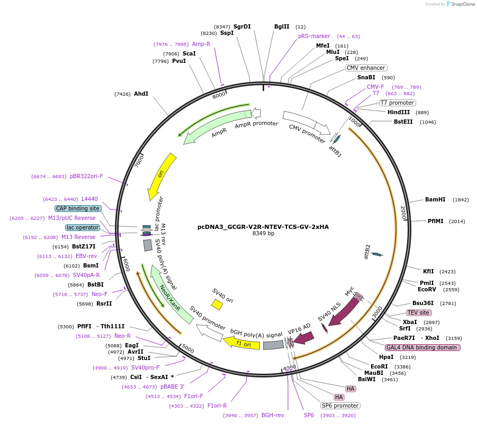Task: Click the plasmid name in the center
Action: pos(263,227)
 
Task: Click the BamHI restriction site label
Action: pos(435,199)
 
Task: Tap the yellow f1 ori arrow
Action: pos(242,343)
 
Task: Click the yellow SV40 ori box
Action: pos(217,304)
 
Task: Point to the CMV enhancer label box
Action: pos(366,68)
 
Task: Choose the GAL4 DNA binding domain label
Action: pos(422,347)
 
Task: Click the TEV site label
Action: pos(418,312)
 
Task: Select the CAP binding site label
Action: pos(78,208)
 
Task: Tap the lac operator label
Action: pos(83,227)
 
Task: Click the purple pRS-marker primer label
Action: pos(314,36)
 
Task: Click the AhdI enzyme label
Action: pos(141,94)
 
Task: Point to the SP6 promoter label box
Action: pos(340,405)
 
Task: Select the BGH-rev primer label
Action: pos(273,415)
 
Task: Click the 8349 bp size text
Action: pos(263,234)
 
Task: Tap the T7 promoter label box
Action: pos(398,103)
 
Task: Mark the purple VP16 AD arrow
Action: pos(304,337)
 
